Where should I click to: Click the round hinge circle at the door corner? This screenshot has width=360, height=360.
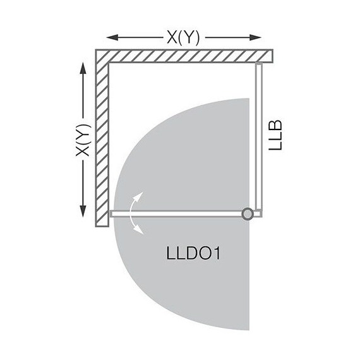[x=248, y=214]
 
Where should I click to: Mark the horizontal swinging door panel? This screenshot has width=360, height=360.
[x=177, y=214]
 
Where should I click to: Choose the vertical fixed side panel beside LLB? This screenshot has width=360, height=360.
[x=258, y=136]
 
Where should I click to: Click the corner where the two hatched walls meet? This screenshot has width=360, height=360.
[x=102, y=56]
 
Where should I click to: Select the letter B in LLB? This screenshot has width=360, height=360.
[x=275, y=121]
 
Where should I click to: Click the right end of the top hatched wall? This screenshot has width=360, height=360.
[x=271, y=56]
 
